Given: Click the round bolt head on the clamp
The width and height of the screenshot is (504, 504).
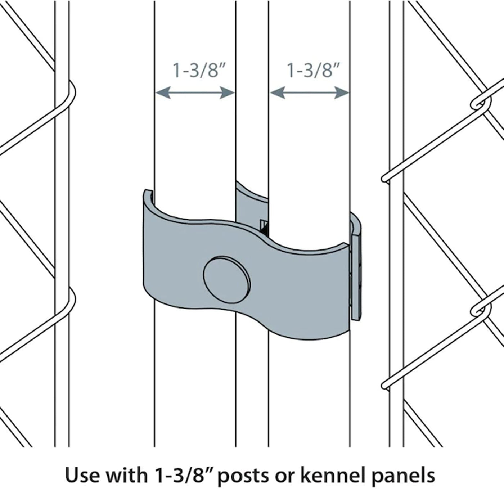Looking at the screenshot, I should point(226,280).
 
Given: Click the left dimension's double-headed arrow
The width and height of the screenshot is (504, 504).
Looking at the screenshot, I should point(195,93).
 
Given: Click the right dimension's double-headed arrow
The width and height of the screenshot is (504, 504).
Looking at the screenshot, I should point(309,93).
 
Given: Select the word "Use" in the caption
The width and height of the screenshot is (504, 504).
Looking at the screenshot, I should point(82,475).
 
